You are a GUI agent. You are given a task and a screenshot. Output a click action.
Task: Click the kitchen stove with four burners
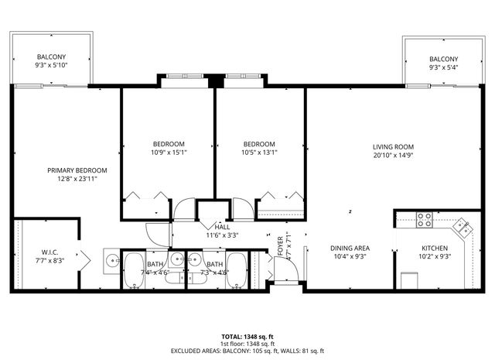[x=425, y=220]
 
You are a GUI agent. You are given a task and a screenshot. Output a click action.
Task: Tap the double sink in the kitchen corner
[x=463, y=227]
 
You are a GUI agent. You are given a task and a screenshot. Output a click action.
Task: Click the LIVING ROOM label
[x=393, y=146]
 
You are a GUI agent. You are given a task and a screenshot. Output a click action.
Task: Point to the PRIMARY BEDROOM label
[x=77, y=170]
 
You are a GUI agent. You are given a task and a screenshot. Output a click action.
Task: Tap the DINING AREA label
[x=349, y=248]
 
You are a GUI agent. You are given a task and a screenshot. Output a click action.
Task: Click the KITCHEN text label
[x=435, y=248]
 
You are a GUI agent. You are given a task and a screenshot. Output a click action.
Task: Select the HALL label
[x=222, y=228]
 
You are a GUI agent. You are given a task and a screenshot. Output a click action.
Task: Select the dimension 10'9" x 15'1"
[x=168, y=153]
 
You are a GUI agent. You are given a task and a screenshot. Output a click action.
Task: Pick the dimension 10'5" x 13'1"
[x=259, y=153]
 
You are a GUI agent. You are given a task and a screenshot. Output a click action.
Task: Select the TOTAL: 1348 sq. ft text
[x=247, y=337]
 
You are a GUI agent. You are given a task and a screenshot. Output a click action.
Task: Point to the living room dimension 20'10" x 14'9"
[x=393, y=155]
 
